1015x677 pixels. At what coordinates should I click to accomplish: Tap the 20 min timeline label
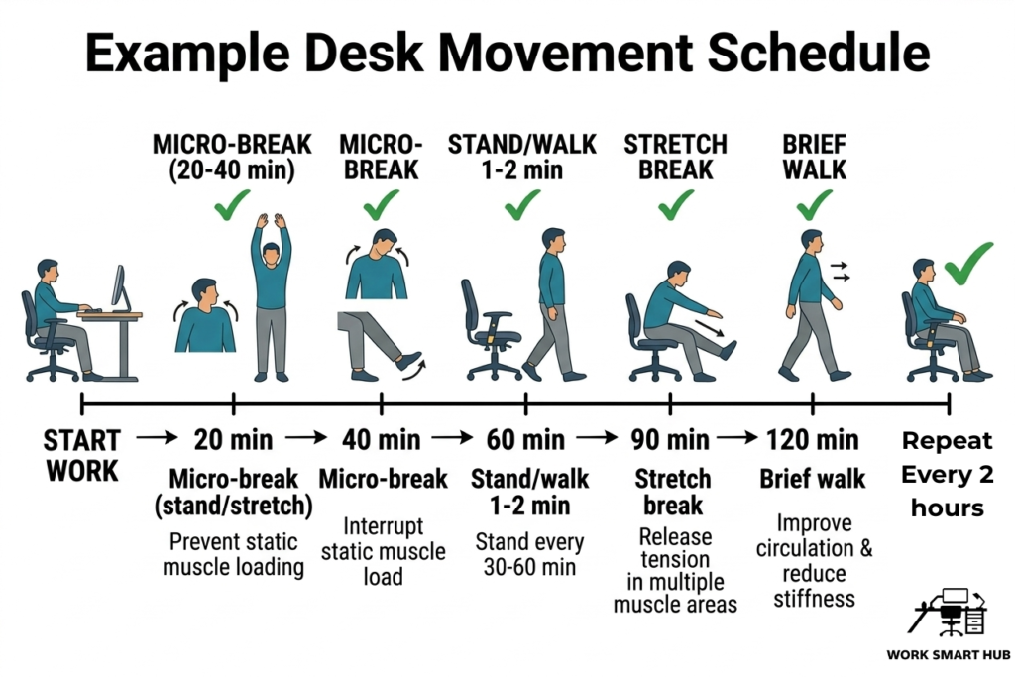pos(233,438)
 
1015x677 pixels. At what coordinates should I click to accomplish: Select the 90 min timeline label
pos(671,438)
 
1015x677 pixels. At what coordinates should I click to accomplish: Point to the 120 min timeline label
pos(813,438)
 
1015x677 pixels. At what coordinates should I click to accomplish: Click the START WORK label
pos(82,454)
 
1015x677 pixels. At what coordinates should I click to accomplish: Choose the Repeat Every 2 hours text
pos(947,474)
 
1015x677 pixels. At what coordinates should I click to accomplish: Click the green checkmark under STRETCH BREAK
pos(676,205)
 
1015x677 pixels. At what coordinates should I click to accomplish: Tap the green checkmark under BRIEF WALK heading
pos(814,205)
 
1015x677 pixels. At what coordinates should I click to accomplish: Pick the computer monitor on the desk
pos(118,286)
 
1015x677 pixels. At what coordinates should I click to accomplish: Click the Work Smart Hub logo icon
pos(949,612)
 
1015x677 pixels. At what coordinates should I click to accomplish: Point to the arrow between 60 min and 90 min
pos(596,438)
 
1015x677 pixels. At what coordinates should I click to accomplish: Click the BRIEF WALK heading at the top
pos(814,157)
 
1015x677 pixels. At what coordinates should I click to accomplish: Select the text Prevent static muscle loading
pos(234,554)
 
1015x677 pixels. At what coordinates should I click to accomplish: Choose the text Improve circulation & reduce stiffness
pos(814,560)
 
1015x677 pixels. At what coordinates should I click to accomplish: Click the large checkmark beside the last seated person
pos(967,262)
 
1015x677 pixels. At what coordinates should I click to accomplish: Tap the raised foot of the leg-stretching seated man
pos(729,348)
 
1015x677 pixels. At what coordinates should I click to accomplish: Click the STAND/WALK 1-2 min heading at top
pos(522,157)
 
